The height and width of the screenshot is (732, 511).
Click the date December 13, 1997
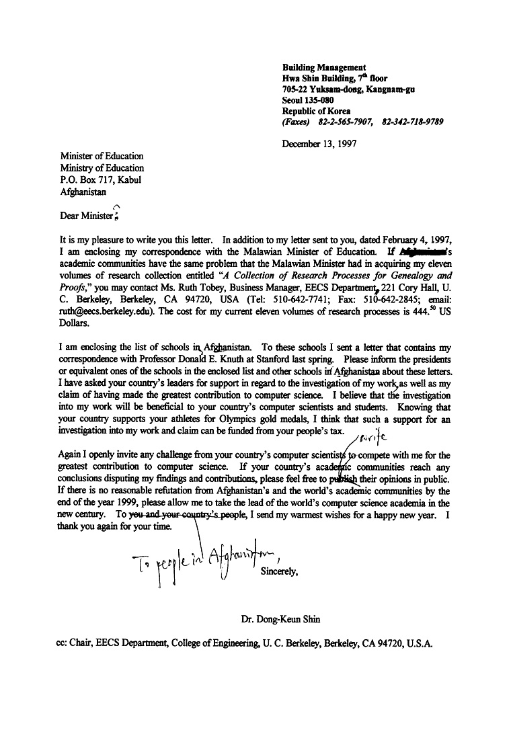319,143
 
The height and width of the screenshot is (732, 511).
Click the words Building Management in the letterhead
324,67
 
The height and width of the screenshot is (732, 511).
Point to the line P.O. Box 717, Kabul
101,179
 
